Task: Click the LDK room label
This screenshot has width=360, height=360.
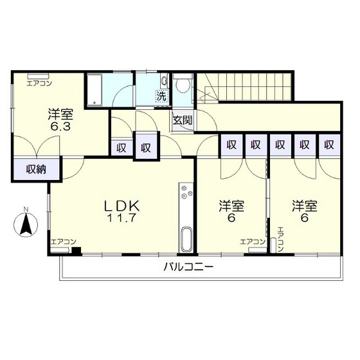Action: click(x=122, y=206)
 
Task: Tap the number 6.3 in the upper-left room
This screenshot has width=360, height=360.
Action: click(x=60, y=126)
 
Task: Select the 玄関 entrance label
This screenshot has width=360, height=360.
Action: click(x=183, y=120)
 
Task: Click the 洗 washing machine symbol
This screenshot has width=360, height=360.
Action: click(x=162, y=96)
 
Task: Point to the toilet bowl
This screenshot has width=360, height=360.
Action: click(x=183, y=85)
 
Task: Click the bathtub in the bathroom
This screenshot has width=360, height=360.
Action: click(x=95, y=90)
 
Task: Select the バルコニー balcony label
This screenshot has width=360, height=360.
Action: click(x=188, y=267)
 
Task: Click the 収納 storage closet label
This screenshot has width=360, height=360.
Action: click(x=36, y=170)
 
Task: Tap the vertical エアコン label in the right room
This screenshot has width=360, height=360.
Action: click(x=281, y=239)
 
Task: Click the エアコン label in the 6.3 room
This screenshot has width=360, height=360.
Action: click(x=39, y=84)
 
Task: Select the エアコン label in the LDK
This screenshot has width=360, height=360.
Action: click(x=64, y=242)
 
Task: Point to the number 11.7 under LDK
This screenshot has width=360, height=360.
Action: click(x=122, y=218)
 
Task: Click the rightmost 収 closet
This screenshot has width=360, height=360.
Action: click(x=329, y=145)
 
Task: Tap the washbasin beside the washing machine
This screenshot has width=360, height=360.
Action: click(x=165, y=81)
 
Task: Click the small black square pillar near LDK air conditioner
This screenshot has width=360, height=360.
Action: click(x=76, y=251)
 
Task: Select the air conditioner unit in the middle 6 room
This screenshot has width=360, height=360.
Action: click(x=257, y=250)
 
